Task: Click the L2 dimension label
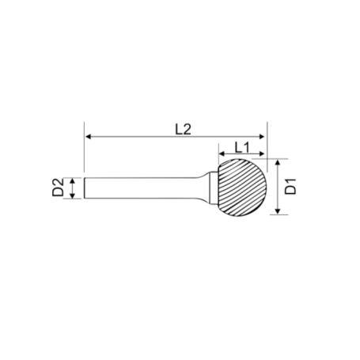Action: [x=183, y=130]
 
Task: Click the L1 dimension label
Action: [x=242, y=148]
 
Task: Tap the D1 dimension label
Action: [x=291, y=187]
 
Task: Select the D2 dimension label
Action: [x=58, y=188]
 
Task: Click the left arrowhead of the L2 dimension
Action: [x=89, y=137]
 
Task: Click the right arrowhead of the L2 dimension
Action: [x=261, y=137]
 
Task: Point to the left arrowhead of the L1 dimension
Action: [x=222, y=153]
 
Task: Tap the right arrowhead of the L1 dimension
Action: [x=261, y=153]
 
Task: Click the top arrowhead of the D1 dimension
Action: [x=277, y=162]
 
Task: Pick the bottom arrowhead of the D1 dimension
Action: [x=277, y=211]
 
